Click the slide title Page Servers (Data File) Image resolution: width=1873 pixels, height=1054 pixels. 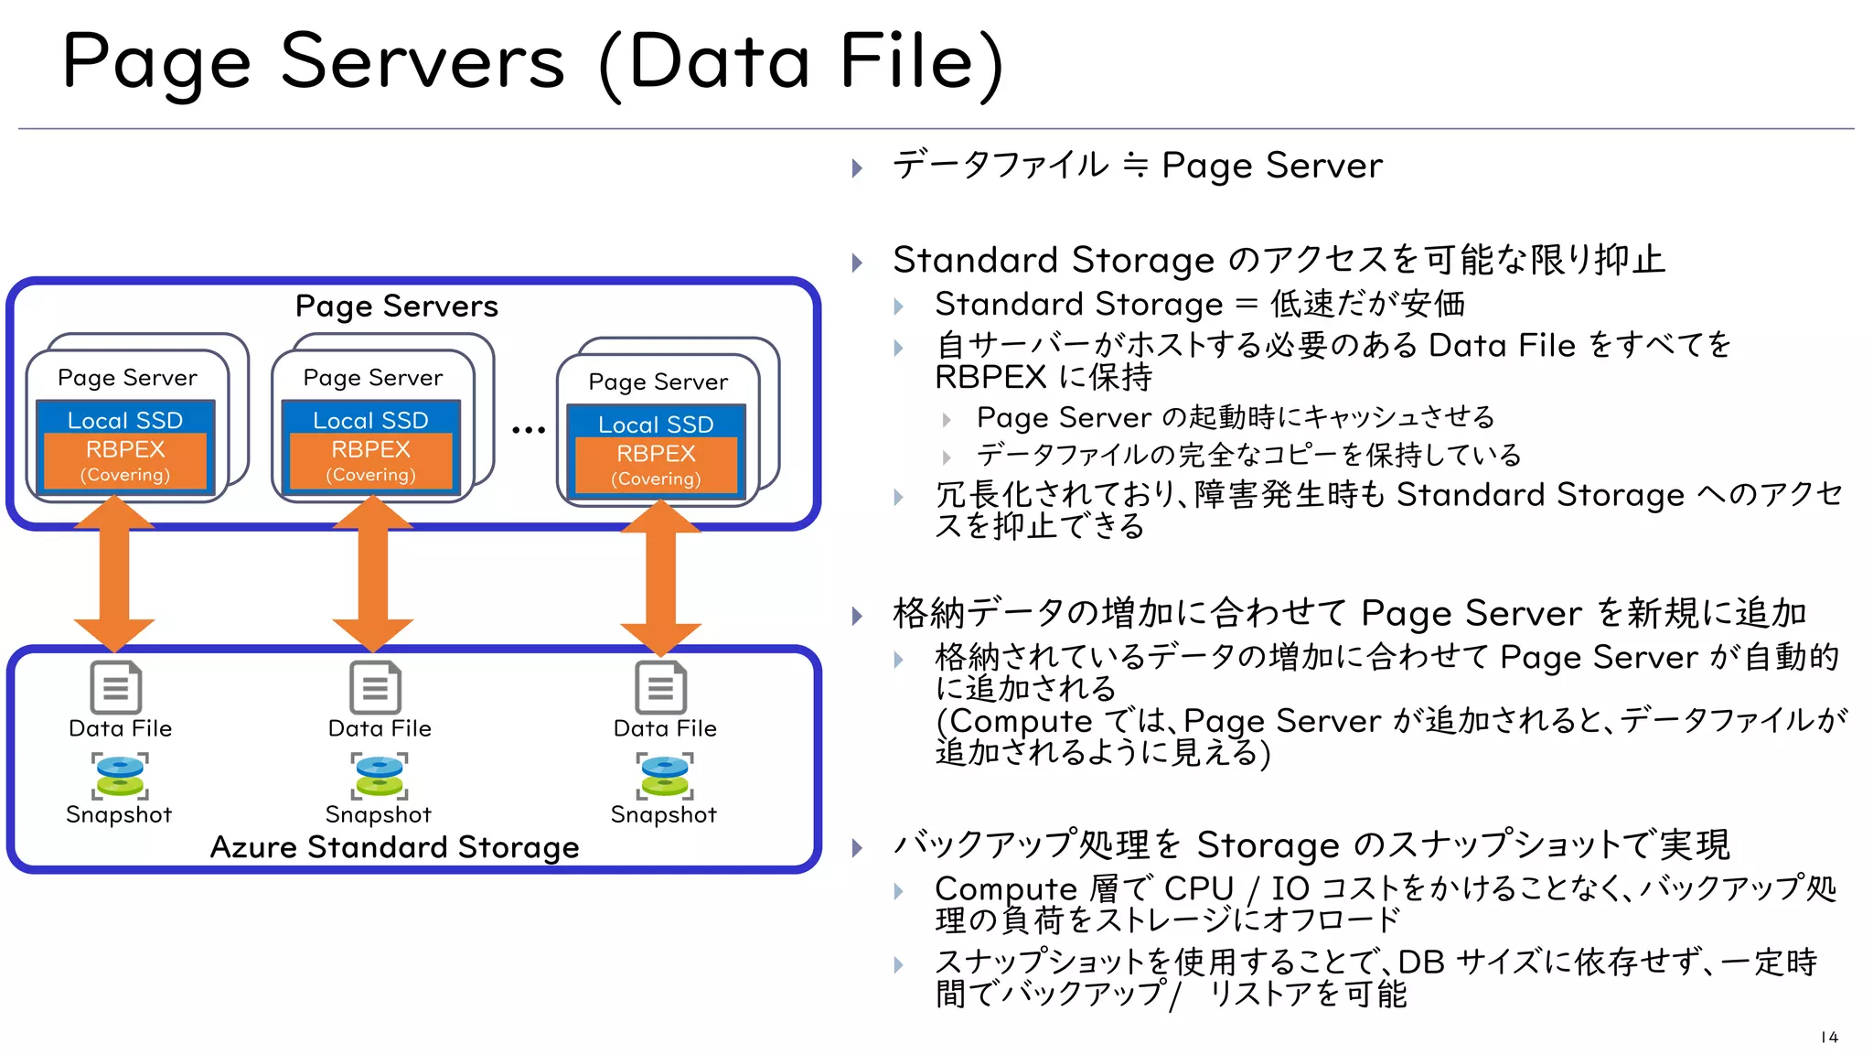pyautogui.click(x=532, y=62)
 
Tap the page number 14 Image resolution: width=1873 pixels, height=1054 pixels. pyautogui.click(x=1829, y=1037)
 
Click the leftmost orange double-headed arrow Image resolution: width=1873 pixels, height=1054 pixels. pyautogui.click(x=114, y=574)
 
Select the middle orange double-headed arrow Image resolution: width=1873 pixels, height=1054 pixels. pyautogui.click(x=372, y=574)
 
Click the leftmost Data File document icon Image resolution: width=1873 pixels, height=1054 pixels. pyautogui.click(x=116, y=687)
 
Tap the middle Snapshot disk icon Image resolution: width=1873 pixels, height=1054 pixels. pyautogui.click(x=380, y=776)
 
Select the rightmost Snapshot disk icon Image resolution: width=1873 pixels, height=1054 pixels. pyautogui.click(x=665, y=776)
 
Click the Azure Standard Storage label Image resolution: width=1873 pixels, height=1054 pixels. pyautogui.click(x=394, y=847)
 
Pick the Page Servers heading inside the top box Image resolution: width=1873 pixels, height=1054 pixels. pyautogui.click(x=396, y=306)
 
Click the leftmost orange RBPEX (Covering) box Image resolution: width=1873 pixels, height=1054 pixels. pyautogui.click(x=125, y=460)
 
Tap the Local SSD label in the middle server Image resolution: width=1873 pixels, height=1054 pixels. pyautogui.click(x=370, y=420)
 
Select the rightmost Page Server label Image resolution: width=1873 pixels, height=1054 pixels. pyautogui.click(x=658, y=382)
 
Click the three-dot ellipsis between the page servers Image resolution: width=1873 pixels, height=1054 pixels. pyautogui.click(x=528, y=429)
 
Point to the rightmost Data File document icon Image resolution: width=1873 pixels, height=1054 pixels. pyautogui.click(x=660, y=687)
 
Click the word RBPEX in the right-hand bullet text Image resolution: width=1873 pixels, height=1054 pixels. pyautogui.click(x=990, y=377)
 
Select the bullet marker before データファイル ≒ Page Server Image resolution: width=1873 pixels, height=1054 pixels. pyautogui.click(x=857, y=167)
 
